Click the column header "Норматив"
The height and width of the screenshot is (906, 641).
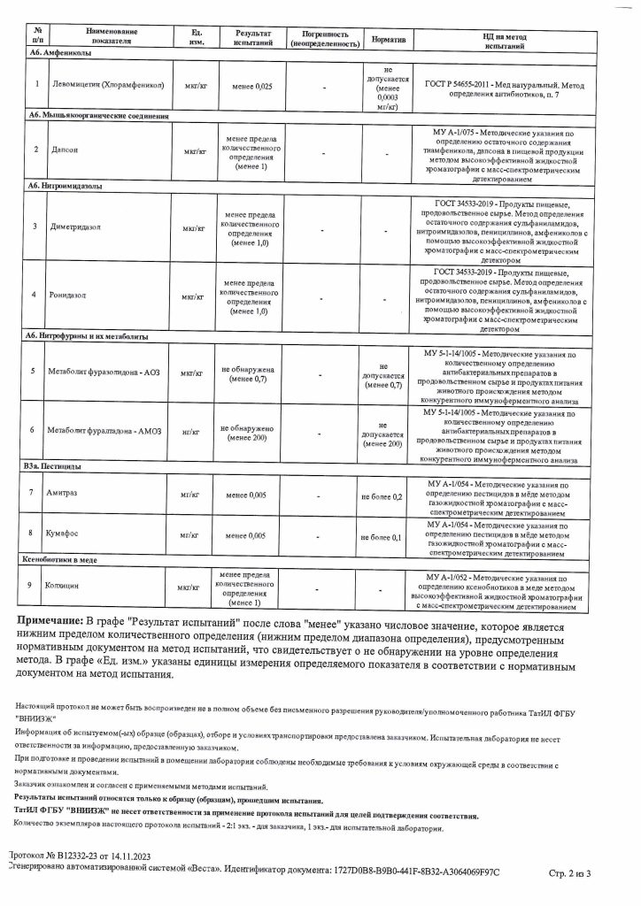click(389, 38)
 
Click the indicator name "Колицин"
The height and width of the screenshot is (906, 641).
click(63, 587)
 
